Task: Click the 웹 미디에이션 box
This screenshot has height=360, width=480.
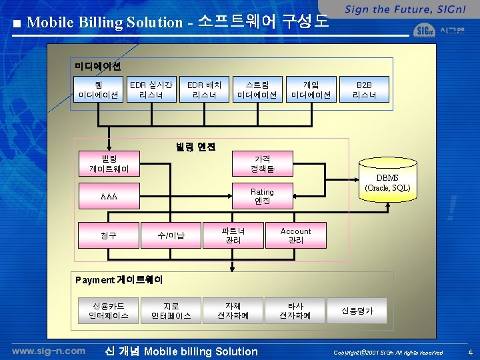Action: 99,90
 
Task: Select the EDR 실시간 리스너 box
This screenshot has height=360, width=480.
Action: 151,90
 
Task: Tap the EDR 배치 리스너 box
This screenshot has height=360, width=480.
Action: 204,90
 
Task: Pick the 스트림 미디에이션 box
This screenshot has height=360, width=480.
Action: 257,90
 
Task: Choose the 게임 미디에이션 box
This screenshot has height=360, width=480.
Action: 311,90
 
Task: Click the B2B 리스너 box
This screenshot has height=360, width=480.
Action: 364,90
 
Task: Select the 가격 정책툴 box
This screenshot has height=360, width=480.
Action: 263,164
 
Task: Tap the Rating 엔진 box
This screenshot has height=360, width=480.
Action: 263,196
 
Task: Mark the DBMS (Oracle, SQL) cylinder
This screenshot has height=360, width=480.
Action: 387,181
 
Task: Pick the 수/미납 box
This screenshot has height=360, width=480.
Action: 171,235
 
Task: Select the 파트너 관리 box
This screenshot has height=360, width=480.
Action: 233,235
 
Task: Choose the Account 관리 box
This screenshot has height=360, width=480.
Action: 295,235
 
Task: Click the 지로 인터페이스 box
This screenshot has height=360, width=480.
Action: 171,311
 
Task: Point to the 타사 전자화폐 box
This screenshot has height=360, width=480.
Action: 295,311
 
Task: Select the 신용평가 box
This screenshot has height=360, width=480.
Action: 358,311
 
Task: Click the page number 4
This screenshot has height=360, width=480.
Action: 469,352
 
